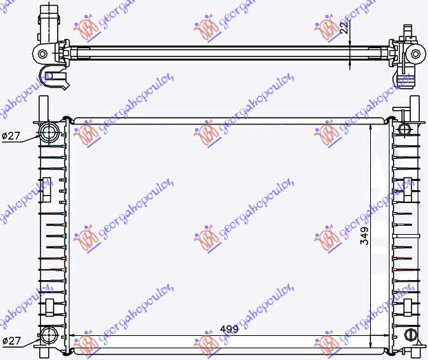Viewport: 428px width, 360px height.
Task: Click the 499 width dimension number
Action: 230,329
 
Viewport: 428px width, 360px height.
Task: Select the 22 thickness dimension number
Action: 342,28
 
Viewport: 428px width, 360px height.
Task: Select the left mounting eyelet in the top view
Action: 43,54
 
